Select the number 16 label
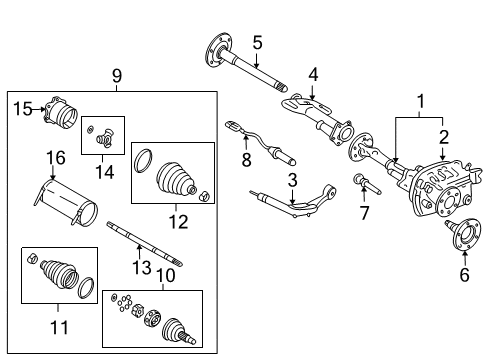54,157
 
